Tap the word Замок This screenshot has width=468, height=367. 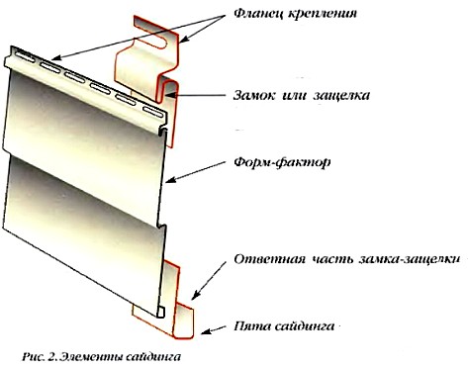(254, 95)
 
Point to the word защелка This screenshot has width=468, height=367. (341, 96)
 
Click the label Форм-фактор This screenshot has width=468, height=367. (282, 162)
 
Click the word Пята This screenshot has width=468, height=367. (251, 326)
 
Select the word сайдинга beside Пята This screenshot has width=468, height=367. (304, 326)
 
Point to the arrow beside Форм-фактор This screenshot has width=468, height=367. (196, 171)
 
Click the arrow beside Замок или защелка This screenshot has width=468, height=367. (196, 96)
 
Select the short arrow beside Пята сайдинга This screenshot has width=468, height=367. (214, 330)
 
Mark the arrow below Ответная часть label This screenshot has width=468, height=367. (209, 281)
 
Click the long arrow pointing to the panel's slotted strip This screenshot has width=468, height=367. (139, 38)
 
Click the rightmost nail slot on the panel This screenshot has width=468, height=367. (152, 111)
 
